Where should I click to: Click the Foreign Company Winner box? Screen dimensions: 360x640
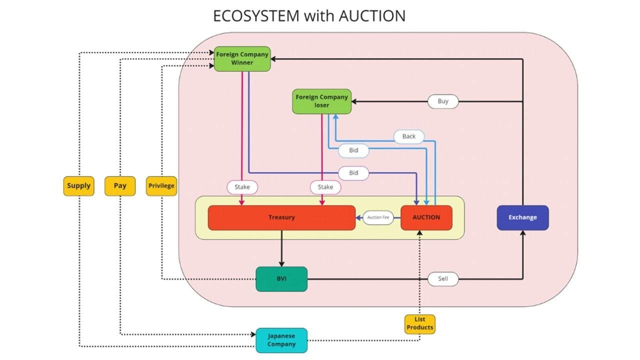(242, 58)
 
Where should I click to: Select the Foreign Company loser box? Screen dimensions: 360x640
(321, 101)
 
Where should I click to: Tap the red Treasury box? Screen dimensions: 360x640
(281, 217)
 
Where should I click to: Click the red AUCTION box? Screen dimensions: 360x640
(426, 217)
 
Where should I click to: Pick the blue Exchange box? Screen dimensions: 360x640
(522, 217)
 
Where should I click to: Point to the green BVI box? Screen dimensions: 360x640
(281, 279)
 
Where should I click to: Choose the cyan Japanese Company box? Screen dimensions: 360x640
(281, 340)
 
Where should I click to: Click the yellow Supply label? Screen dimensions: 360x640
(78, 185)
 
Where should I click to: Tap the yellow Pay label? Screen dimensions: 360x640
(120, 185)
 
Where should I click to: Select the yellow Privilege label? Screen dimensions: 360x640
(161, 185)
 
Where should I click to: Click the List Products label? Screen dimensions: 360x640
(419, 323)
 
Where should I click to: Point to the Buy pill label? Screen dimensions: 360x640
(443, 101)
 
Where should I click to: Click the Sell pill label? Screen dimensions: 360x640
(443, 279)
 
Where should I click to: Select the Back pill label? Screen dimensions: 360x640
(408, 136)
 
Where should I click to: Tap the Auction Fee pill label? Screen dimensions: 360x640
(378, 217)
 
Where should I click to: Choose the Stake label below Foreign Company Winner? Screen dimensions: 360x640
(242, 187)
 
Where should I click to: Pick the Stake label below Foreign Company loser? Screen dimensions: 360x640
(325, 187)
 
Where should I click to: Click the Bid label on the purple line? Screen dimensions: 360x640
(353, 173)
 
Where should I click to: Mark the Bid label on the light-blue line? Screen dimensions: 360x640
(353, 150)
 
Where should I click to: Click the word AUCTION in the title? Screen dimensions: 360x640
(372, 16)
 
